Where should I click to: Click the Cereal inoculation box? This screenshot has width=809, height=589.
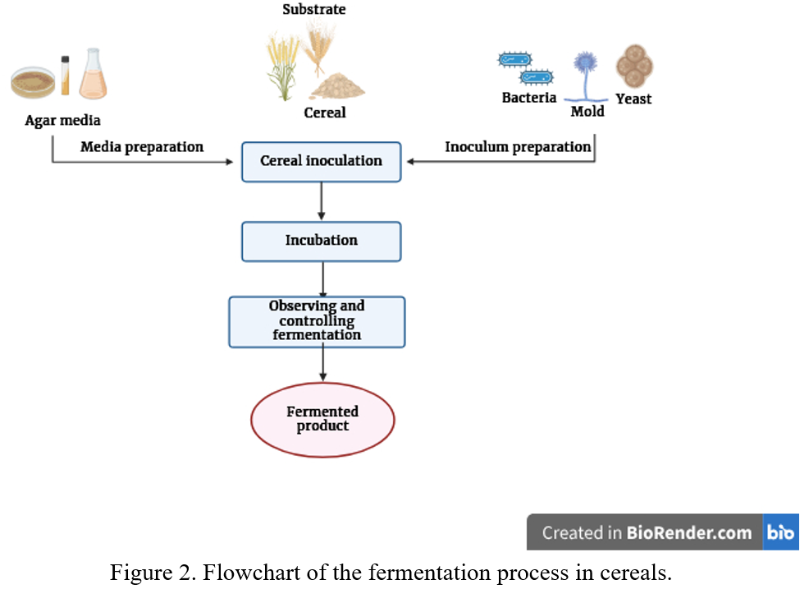click(321, 162)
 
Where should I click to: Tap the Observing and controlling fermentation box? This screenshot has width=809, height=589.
click(317, 321)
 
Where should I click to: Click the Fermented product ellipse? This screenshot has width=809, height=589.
click(322, 419)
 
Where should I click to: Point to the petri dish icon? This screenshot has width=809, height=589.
click(33, 81)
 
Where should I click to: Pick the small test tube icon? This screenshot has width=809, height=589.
click(66, 75)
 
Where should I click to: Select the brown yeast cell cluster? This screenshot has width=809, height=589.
click(634, 66)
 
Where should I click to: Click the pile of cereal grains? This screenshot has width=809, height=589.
click(337, 85)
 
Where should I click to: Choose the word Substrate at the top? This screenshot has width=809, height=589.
click(314, 10)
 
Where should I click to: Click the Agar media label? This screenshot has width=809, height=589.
click(62, 121)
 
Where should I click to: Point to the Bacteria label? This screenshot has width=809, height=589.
click(529, 98)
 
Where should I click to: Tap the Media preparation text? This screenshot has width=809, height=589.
click(142, 147)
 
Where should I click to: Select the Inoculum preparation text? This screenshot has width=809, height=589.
click(518, 147)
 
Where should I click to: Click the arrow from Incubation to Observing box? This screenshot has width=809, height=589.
click(322, 279)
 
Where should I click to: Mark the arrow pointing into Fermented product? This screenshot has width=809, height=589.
click(322, 365)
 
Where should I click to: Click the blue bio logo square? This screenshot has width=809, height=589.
click(781, 532)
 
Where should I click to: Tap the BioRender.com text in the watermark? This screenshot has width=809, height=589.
click(689, 532)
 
